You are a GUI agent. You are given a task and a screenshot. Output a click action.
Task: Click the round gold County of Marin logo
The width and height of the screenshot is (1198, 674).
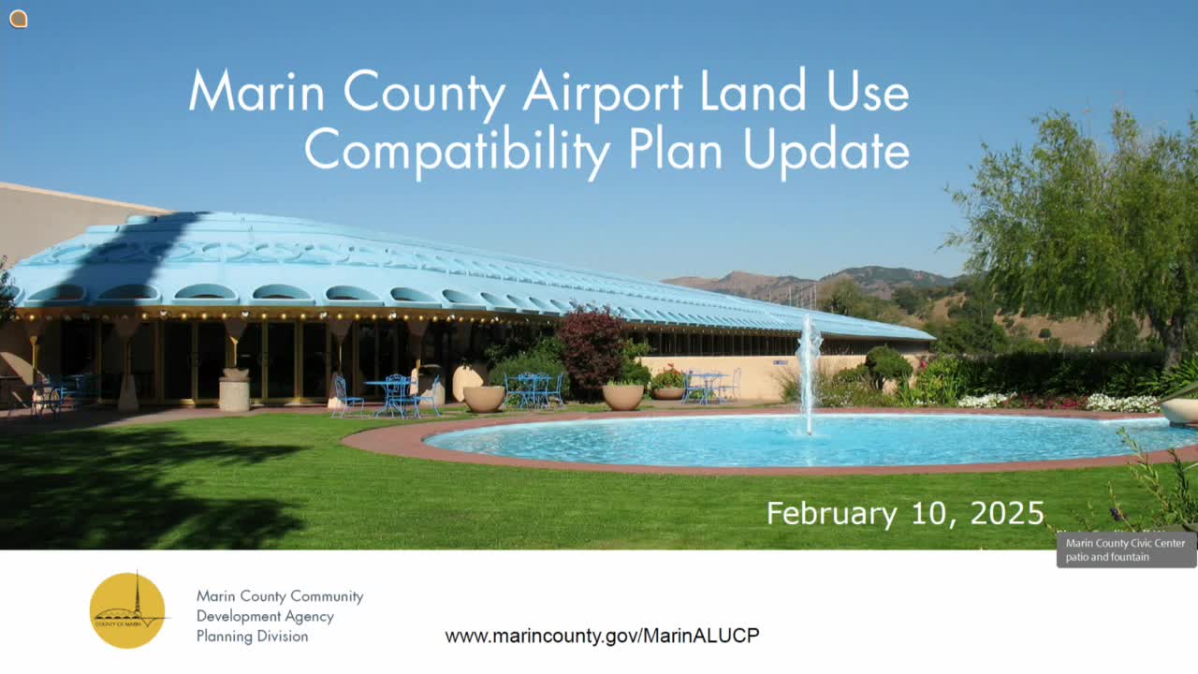tap(128, 610)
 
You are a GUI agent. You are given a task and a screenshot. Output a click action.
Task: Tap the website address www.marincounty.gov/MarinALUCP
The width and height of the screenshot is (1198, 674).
tap(602, 636)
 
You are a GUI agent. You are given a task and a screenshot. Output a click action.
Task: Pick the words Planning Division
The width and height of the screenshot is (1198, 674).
tap(252, 637)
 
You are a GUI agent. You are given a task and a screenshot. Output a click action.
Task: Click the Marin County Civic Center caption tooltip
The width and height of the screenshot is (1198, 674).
tap(1126, 549)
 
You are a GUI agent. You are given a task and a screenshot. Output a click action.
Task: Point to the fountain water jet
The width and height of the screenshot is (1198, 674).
tap(808, 370)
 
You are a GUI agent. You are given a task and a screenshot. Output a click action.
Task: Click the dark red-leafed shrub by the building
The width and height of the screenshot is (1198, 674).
tap(591, 348)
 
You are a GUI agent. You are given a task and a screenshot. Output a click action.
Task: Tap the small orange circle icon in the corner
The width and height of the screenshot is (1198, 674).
tap(18, 19)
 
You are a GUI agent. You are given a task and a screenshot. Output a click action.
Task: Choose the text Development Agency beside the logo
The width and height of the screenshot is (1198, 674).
tap(265, 616)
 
